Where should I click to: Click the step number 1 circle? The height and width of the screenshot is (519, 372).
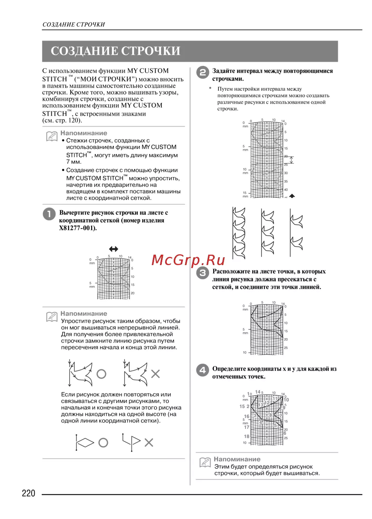click(x=49, y=214)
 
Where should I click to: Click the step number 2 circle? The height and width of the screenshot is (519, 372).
click(x=202, y=72)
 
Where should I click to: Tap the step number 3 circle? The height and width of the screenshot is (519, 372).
click(x=202, y=273)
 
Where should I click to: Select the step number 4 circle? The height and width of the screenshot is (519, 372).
click(x=202, y=370)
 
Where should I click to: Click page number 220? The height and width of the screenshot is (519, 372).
click(x=28, y=493)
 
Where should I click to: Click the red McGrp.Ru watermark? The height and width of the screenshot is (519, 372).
click(x=188, y=260)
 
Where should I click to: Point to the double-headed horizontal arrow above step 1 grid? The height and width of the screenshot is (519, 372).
click(x=113, y=249)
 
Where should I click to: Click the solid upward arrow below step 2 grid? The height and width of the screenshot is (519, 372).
click(x=292, y=196)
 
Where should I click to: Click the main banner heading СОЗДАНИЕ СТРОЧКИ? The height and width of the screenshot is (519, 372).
click(x=115, y=51)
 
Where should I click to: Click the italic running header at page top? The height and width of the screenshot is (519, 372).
click(x=74, y=25)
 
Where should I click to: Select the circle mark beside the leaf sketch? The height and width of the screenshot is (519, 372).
click(x=101, y=374)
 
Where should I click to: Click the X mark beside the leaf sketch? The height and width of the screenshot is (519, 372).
click(x=155, y=374)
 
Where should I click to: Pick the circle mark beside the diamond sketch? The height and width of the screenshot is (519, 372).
click(x=103, y=443)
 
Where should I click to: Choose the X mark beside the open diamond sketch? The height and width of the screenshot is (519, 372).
click(x=149, y=443)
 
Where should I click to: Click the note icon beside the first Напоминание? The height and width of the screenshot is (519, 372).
click(x=51, y=136)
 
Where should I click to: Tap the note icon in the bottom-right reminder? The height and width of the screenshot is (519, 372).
click(x=205, y=462)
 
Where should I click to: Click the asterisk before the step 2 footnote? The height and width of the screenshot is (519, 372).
click(x=210, y=89)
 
